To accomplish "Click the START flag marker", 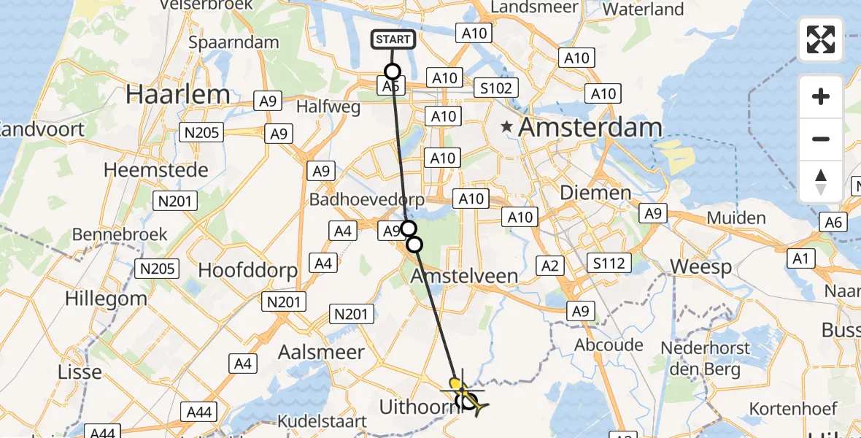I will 394,39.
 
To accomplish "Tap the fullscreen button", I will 821,39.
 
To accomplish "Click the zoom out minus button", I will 821,139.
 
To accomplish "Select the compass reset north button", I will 821,181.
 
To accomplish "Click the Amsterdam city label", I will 590,127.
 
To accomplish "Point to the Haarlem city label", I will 178,93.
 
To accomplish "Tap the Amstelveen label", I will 465,276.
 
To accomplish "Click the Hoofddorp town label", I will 248,270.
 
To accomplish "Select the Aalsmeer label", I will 321,352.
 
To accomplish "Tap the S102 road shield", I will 495,88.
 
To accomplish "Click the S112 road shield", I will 609,263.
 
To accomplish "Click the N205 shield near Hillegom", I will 158,269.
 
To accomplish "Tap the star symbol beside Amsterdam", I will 506,127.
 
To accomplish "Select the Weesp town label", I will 700,266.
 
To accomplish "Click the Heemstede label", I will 156,170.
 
